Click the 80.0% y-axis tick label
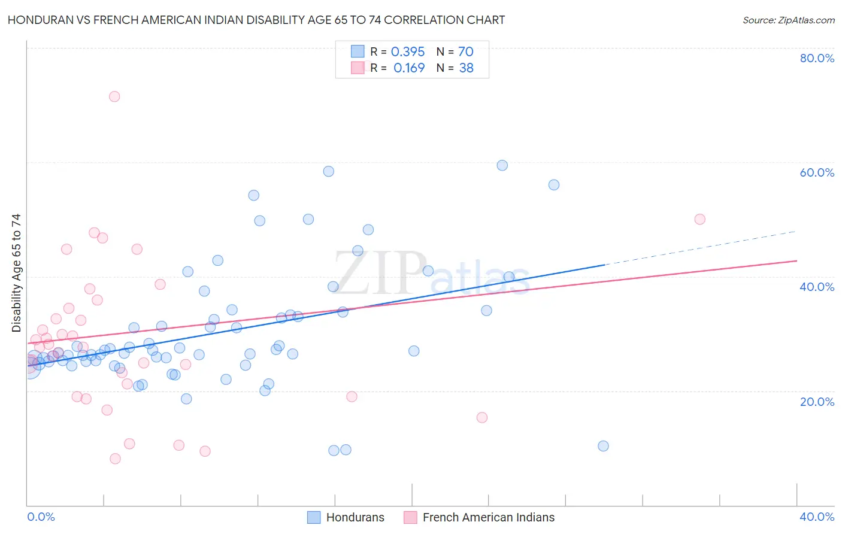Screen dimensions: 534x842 (817, 58)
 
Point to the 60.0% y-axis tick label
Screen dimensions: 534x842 (817, 172)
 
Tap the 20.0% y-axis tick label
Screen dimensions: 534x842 (817, 402)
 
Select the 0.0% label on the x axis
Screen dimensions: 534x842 (41, 517)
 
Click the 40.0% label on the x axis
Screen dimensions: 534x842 (817, 517)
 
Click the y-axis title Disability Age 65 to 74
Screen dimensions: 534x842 (16, 273)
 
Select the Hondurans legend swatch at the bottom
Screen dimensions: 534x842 (314, 517)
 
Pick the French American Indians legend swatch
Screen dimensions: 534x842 (410, 517)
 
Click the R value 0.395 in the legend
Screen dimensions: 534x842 (408, 51)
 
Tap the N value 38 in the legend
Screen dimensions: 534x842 (466, 68)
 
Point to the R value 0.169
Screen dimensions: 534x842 (409, 68)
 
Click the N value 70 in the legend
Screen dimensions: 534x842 (466, 51)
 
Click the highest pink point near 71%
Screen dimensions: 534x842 (114, 96)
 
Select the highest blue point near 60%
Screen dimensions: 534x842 (502, 165)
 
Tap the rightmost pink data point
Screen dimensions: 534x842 (699, 219)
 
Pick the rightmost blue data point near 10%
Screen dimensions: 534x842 (603, 446)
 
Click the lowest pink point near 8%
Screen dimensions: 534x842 (115, 459)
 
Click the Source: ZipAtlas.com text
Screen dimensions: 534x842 (789, 20)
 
